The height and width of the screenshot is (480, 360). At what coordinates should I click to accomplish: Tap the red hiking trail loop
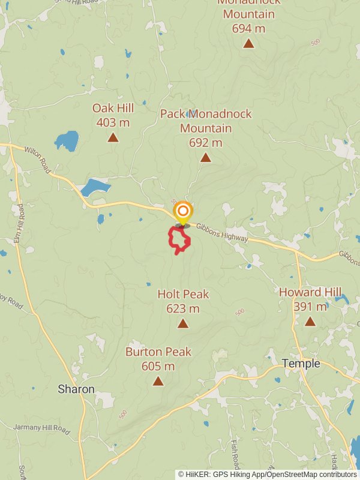179,240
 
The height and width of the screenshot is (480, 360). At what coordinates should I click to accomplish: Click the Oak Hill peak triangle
113,137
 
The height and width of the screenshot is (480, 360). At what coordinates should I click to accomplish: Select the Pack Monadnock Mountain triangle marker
206,158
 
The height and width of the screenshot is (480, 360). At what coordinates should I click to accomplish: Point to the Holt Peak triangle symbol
183,324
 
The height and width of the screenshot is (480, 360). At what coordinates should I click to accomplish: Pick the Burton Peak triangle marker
158,381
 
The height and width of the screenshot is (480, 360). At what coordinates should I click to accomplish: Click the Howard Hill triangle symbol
310,322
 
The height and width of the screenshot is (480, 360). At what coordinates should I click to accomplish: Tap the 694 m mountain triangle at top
248,43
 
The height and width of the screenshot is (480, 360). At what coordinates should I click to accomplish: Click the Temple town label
301,364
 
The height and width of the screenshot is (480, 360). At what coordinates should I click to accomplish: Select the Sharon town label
76,389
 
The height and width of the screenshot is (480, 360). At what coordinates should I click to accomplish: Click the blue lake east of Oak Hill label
67,142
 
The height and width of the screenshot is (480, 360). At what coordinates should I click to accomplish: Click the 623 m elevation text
183,308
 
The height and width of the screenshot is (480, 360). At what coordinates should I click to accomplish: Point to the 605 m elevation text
158,366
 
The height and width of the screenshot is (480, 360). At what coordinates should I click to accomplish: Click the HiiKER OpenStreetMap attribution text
267,474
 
